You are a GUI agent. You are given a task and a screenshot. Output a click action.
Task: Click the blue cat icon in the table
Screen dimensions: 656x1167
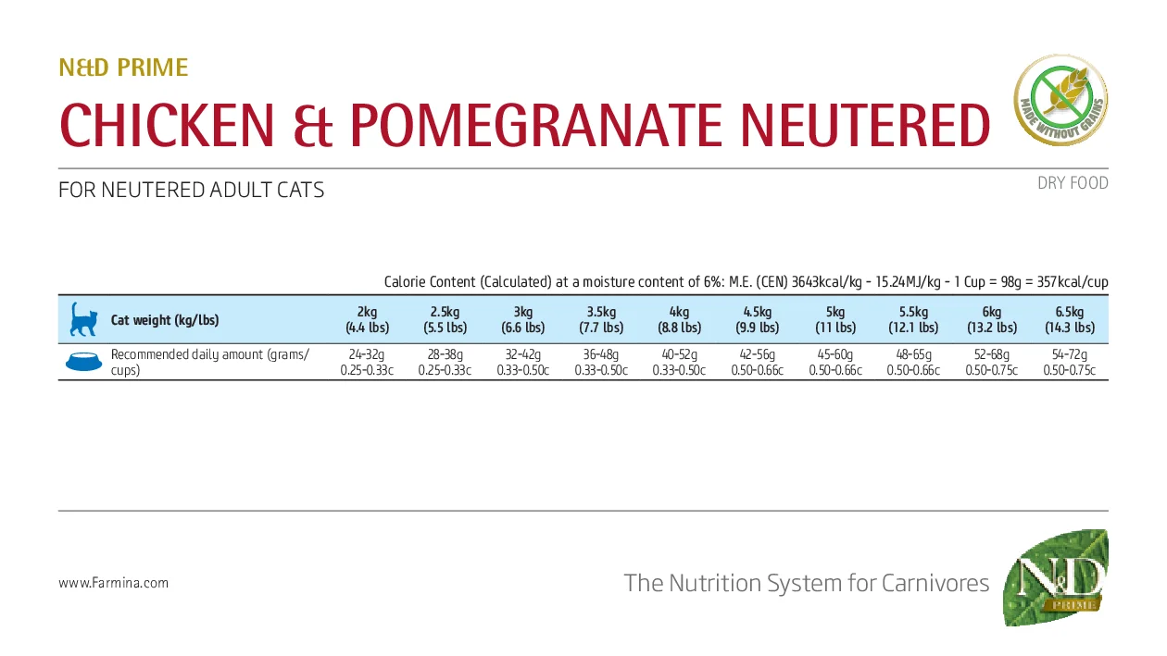83,319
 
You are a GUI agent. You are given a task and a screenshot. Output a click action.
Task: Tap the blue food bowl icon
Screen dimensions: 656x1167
84,362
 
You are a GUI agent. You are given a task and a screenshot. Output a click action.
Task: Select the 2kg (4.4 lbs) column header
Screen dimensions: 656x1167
367,319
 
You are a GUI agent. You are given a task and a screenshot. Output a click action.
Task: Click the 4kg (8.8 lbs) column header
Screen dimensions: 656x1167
679,319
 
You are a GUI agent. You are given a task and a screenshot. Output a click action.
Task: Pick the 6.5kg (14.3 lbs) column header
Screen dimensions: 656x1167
1069,319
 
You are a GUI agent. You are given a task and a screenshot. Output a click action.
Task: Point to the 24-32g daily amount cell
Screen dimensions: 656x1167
367,362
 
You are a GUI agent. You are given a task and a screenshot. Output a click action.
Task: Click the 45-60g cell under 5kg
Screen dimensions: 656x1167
834,362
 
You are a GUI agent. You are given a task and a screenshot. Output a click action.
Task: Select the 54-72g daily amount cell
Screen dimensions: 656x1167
1069,362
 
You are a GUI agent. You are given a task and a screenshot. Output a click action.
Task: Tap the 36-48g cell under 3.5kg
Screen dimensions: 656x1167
601,362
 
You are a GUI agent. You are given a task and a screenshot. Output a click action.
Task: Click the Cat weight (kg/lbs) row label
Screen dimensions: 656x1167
165,320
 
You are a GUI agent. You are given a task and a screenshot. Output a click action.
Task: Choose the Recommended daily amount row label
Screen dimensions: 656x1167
209,362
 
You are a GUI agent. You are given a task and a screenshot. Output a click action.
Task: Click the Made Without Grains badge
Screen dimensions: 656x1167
1060,100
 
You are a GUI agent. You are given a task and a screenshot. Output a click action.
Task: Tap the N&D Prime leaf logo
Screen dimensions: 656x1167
1056,578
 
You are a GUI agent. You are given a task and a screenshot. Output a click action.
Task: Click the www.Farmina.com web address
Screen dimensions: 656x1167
113,583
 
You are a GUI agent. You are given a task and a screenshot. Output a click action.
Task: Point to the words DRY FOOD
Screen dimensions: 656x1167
1073,183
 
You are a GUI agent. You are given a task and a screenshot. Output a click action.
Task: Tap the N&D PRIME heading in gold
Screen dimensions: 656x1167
123,68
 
